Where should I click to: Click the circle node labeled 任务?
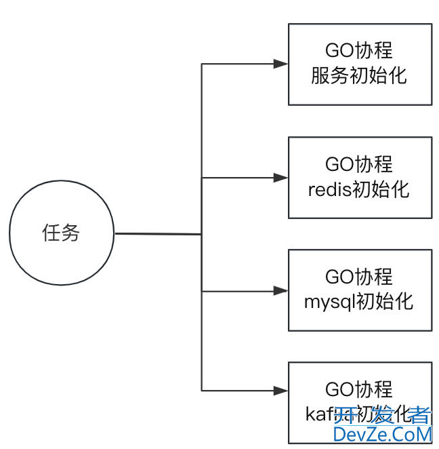coord(62,234)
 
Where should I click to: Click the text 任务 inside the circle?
coord(61,233)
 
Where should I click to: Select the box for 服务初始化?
coord(360,64)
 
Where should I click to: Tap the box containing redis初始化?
coord(360,178)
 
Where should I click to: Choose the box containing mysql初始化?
coord(360,290)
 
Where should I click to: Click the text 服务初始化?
coord(359,75)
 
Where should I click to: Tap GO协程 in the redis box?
coord(359,165)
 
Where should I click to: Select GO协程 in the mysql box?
coord(359,277)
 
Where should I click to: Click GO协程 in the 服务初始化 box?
coord(359,52)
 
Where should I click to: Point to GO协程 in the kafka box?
coord(359,390)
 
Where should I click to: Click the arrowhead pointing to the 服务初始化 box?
coord(280,64)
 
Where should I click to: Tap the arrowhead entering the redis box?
coord(280,178)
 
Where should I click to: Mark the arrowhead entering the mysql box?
coord(280,291)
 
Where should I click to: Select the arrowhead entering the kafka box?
coord(280,391)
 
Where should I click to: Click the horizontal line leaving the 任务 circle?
coord(158,234)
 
